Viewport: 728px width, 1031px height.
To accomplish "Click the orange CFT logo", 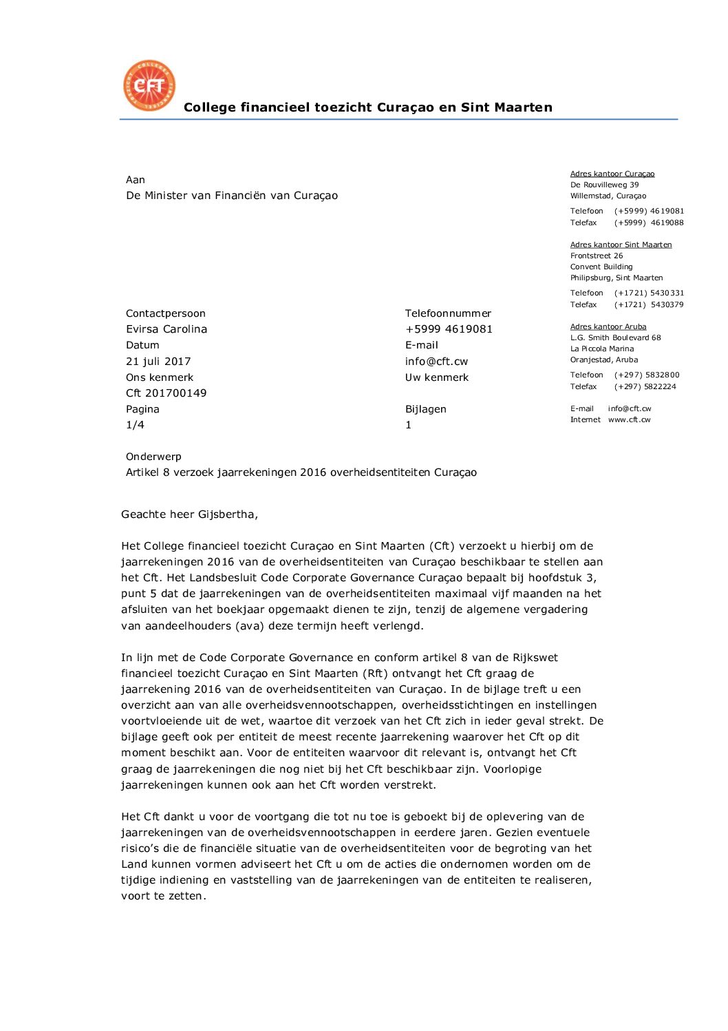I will [149, 85].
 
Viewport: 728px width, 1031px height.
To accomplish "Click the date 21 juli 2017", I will [158, 362].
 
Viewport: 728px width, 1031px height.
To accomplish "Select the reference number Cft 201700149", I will [166, 393].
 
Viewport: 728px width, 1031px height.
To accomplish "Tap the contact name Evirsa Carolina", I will [167, 329].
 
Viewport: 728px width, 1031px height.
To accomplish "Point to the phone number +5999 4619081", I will [449, 329].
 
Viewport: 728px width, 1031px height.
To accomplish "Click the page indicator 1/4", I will [135, 425].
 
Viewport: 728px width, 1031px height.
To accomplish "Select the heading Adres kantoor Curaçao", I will [612, 174].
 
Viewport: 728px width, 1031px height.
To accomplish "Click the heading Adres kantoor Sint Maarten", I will [621, 245].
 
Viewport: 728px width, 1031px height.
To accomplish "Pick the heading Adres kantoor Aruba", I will [608, 327].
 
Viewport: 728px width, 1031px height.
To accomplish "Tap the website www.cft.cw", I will [629, 420].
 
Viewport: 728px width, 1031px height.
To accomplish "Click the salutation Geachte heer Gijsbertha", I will [189, 514].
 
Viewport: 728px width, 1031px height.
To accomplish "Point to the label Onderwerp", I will [153, 457].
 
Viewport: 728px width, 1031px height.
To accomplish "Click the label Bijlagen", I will [425, 409].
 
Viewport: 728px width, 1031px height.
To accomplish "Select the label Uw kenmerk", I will [436, 377].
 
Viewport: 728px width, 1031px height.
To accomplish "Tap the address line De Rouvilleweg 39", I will [604, 185].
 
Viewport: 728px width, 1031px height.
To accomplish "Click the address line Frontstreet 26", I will [596, 256].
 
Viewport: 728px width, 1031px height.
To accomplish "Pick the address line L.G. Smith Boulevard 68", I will [615, 338].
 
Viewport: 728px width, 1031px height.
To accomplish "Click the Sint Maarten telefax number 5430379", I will [667, 305].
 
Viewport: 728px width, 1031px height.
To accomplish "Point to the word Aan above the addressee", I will [135, 180].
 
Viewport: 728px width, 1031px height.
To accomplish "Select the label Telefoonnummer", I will [448, 313].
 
